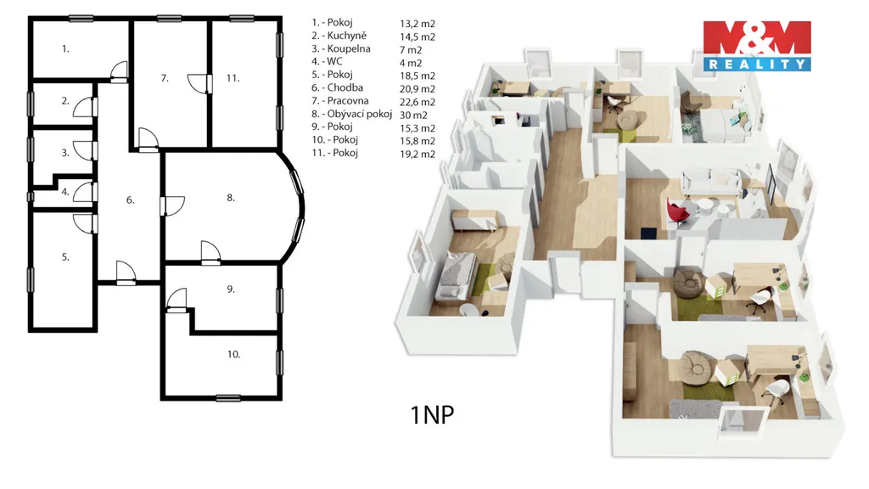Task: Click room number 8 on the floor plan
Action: pyautogui.click(x=231, y=197)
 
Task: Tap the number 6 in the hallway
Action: pyautogui.click(x=130, y=200)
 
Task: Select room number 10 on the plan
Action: pyautogui.click(x=233, y=354)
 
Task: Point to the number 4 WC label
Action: pyautogui.click(x=65, y=192)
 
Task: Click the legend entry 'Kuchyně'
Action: pyautogui.click(x=346, y=36)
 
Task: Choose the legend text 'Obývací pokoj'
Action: pyautogui.click(x=359, y=114)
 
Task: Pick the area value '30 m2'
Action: pyautogui.click(x=413, y=115)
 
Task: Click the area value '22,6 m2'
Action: pyautogui.click(x=418, y=102)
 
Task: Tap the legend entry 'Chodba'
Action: pyautogui.click(x=345, y=87)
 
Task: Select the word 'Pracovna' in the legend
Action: pyautogui.click(x=347, y=101)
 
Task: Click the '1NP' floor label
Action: pyautogui.click(x=432, y=414)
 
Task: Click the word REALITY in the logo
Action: pyautogui.click(x=757, y=65)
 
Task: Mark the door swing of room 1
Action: pyautogui.click(x=119, y=71)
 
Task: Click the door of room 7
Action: pyautogui.click(x=199, y=83)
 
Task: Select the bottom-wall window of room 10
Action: pyautogui.click(x=227, y=397)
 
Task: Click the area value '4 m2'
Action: pyautogui.click(x=411, y=63)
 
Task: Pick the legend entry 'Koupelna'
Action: pyautogui.click(x=349, y=48)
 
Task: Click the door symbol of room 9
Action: pyautogui.click(x=177, y=300)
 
